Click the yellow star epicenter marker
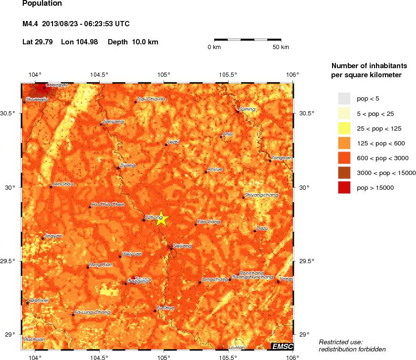(x=162, y=218)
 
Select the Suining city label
(x=247, y=109)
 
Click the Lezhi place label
(x=173, y=142)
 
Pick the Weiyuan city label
(x=132, y=254)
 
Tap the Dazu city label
(x=262, y=228)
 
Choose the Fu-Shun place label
(x=166, y=308)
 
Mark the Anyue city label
(x=214, y=169)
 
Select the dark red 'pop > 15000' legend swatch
(x=344, y=187)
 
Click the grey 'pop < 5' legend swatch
(x=344, y=99)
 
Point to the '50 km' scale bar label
(x=281, y=47)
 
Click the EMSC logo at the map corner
(x=282, y=347)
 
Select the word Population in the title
(x=42, y=3)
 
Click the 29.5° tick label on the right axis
(x=307, y=261)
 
